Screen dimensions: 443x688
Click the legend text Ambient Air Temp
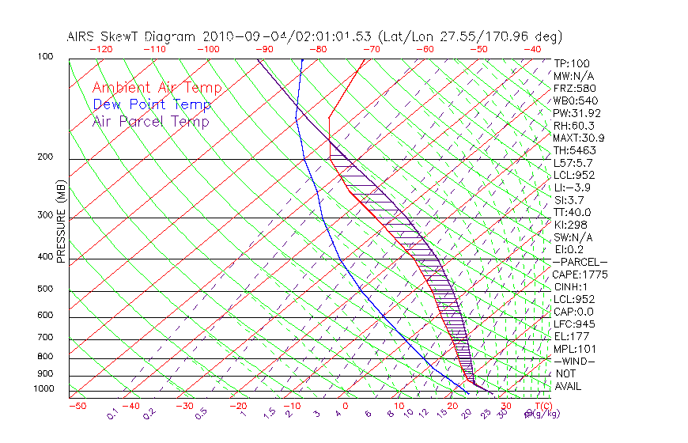point(157,88)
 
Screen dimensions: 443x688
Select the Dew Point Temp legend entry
point(152,104)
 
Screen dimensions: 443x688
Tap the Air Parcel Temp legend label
point(151,121)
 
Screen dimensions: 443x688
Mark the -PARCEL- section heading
point(580,262)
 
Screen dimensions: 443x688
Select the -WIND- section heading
point(575,361)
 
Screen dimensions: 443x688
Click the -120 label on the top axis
point(100,49)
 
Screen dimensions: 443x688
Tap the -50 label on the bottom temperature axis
point(77,406)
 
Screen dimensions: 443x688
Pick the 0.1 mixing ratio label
point(113,413)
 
